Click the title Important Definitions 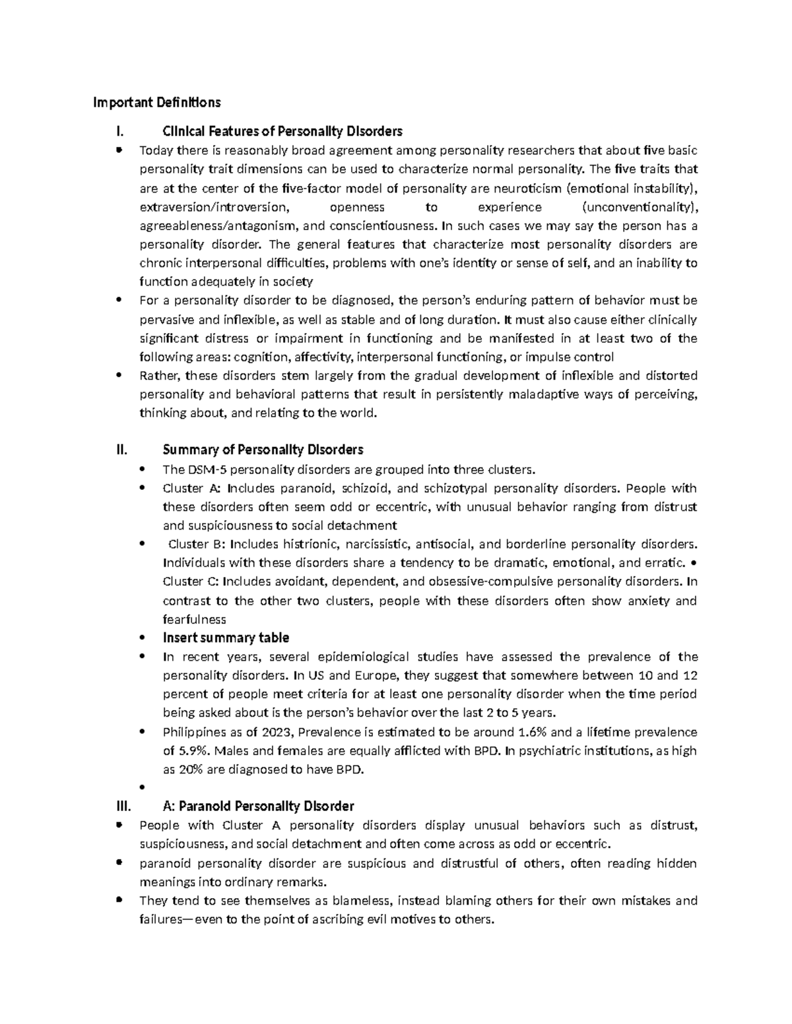click(156, 102)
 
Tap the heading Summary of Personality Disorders click(263, 450)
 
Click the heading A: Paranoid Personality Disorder click(258, 806)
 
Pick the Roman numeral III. click(123, 806)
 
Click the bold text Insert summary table click(226, 638)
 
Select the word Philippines click(196, 732)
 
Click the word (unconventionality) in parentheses click(640, 207)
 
